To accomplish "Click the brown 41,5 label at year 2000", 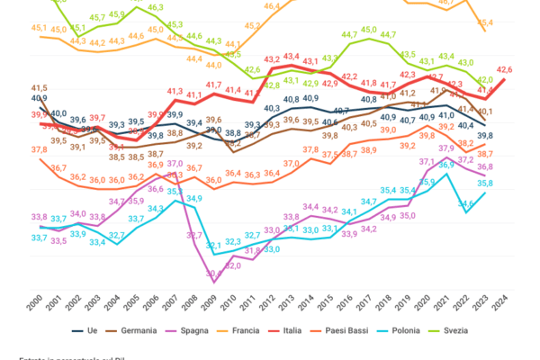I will (40, 87).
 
